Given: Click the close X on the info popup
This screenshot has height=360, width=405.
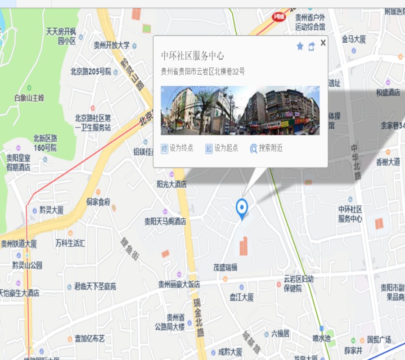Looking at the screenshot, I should pos(323,43).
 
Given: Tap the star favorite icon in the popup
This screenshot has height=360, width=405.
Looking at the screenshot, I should pos(300,46).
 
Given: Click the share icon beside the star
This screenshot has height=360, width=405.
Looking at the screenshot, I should pos(311,46).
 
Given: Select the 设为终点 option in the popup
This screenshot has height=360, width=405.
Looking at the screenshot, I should pos(177,148).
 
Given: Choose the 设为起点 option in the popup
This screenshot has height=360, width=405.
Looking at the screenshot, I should pos(222,148).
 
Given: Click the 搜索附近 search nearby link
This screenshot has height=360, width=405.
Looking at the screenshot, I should pos(267,148).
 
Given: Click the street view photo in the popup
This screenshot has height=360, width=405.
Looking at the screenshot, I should pos(240,110).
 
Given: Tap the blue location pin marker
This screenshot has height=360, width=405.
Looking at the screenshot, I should pos(242,208).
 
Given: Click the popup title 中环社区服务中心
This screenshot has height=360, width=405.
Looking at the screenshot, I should pos(193,56).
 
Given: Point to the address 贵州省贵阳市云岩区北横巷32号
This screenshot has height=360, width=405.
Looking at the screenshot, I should pos(203,72).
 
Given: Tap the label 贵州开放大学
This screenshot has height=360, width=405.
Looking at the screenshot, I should pos(112,45).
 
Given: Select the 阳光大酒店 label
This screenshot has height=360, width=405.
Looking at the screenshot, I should pos(171,184).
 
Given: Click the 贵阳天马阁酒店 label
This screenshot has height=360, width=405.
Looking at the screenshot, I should pos(165,221).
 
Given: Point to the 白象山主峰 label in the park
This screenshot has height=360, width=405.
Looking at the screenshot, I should pos(29,98).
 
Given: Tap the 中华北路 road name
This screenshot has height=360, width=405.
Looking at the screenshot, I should pos(356,162).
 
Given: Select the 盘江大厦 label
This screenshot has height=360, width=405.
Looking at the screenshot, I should pos(242,297).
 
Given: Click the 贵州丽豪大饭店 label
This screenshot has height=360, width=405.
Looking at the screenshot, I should pos(179,284).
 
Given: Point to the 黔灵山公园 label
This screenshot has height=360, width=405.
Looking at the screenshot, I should pos(27,265).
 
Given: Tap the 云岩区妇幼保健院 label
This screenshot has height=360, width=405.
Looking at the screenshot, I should pos(298,283).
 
